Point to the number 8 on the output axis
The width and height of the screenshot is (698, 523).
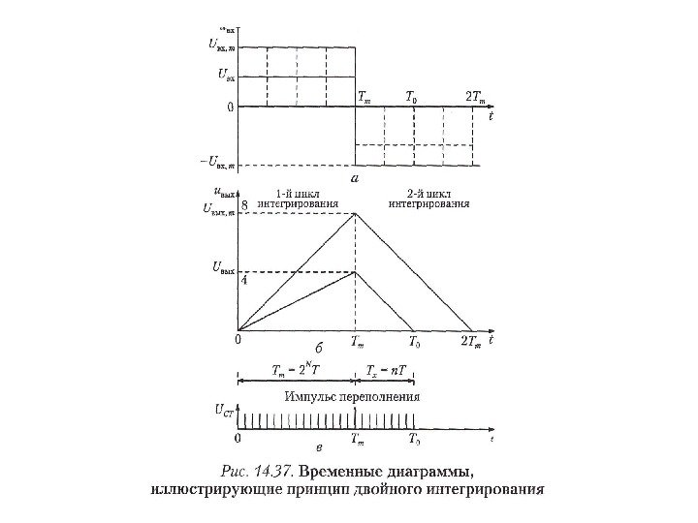(244, 206)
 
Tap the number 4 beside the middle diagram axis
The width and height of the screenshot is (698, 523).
(243, 280)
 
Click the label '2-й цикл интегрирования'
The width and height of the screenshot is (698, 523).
(429, 198)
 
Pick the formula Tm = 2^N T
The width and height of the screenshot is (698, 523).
(296, 370)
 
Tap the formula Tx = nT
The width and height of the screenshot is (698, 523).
(385, 370)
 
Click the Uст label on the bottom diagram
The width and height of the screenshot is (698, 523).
(222, 412)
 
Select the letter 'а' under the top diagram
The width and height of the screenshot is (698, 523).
(355, 178)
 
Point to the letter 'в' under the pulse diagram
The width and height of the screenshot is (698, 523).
(320, 446)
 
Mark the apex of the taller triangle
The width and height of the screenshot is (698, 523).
(356, 214)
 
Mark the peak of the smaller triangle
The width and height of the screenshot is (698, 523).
(356, 272)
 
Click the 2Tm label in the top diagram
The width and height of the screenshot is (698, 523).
(475, 98)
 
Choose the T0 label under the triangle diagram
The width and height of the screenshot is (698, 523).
(414, 342)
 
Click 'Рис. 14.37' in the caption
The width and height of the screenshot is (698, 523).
(257, 472)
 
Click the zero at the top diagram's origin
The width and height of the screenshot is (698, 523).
(230, 107)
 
